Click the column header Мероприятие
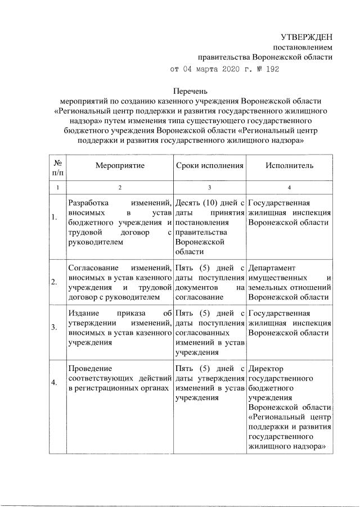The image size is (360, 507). pos(120,166)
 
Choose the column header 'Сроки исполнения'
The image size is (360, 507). pos(209,166)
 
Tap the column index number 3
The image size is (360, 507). pos(209,187)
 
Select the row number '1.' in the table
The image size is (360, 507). pos(54,218)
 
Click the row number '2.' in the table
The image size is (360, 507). pos(54,282)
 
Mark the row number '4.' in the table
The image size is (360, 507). pos(54,383)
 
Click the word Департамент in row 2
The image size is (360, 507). pos(272,268)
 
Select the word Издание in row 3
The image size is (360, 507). pos(83,313)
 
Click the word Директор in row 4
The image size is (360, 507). pos(266,368)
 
